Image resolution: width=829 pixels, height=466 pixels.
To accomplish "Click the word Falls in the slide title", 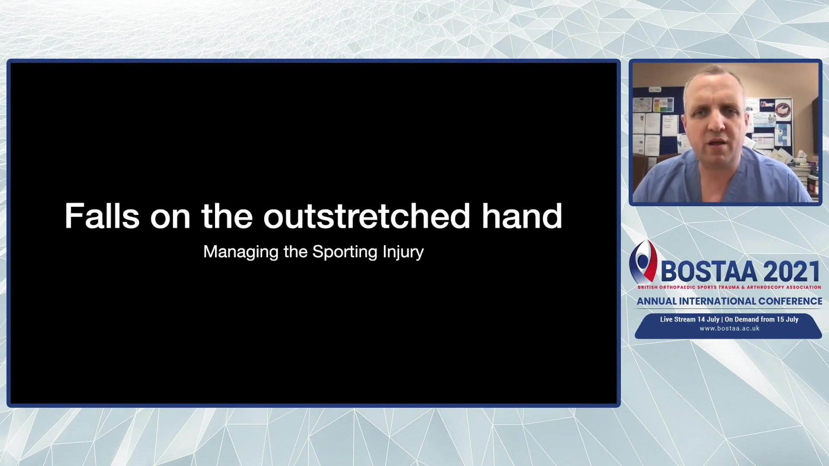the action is point(102,216).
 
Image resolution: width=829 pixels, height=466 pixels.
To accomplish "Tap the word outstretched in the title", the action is point(367,216).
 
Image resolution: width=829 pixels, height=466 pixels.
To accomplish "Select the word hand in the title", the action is point(522,216).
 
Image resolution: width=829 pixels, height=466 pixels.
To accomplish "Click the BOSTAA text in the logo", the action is point(709,272).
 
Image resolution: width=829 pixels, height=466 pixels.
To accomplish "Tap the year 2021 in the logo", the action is point(792,272).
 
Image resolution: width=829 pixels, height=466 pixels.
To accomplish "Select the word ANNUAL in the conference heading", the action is point(657,301).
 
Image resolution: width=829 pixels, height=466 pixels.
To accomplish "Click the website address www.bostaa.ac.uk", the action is point(729,328).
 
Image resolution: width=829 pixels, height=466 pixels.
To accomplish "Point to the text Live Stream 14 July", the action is point(690,319).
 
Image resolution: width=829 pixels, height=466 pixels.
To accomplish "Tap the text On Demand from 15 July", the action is point(762,319).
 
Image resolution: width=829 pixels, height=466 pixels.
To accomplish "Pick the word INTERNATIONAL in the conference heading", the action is point(717,301).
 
